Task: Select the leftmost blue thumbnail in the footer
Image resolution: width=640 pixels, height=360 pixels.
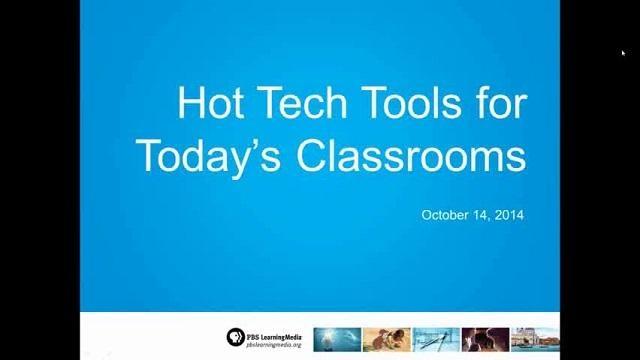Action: [337, 338]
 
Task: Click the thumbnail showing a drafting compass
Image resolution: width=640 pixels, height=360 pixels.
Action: [436, 338]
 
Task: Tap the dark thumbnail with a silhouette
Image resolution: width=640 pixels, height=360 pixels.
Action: [485, 338]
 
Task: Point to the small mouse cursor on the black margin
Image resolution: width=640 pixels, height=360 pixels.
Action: [622, 53]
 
